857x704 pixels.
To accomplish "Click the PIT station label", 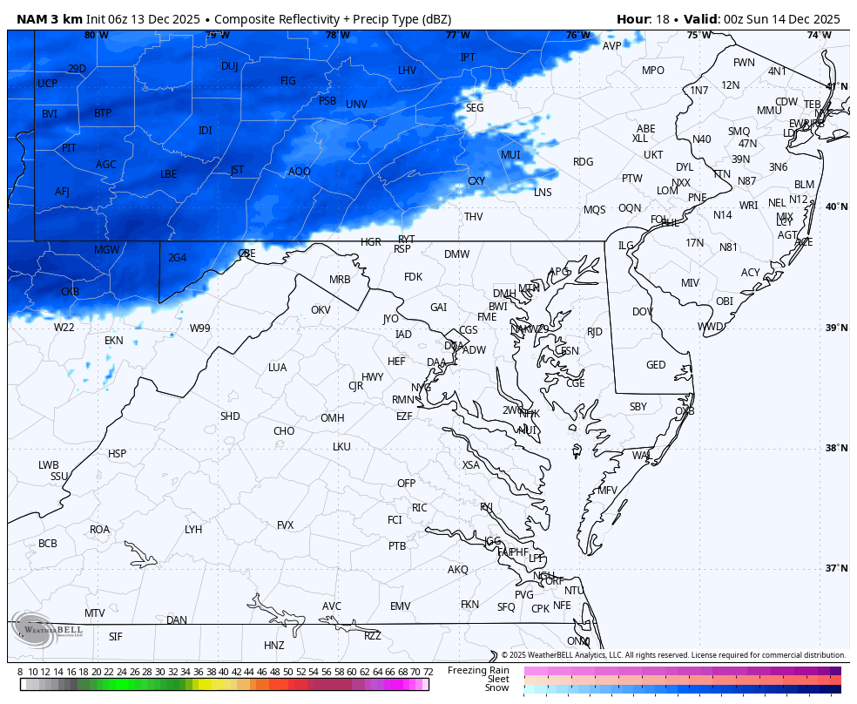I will [x=69, y=148].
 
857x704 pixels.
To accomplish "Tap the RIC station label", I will [x=420, y=508].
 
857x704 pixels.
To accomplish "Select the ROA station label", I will [x=100, y=530].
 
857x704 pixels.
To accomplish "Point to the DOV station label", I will [x=643, y=312].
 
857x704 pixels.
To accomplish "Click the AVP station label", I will [x=612, y=46].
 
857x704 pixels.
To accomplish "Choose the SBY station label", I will [x=638, y=407].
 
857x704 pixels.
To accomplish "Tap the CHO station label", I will [x=284, y=431].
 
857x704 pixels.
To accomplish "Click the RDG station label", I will [x=583, y=162].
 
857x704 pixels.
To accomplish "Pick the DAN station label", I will [x=177, y=620].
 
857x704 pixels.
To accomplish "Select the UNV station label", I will [x=356, y=105].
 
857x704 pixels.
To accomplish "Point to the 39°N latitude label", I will [x=836, y=328].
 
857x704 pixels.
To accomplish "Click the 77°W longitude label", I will [x=457, y=35].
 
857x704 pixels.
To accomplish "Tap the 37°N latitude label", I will [x=836, y=568].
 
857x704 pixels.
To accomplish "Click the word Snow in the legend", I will [x=496, y=688].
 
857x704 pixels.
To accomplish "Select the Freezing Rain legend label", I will [x=478, y=670].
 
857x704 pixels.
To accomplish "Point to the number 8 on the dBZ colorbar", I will [x=20, y=672].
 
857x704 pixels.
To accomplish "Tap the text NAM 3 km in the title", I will [x=49, y=19].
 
